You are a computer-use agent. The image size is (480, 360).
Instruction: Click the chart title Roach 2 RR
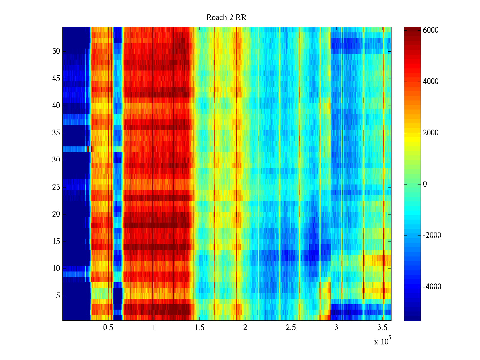(x=226, y=18)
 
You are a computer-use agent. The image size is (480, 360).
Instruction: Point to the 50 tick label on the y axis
(x=56, y=51)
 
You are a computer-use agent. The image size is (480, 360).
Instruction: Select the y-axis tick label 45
(x=56, y=79)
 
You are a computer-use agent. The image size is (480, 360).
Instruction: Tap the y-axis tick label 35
(x=56, y=133)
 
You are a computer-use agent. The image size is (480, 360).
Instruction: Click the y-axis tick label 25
(x=56, y=187)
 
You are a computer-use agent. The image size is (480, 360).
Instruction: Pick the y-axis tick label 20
(x=56, y=214)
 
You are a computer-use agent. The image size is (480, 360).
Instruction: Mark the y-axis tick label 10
(x=56, y=268)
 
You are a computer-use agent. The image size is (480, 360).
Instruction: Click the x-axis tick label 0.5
(x=108, y=328)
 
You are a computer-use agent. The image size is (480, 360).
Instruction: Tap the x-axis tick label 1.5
(x=199, y=328)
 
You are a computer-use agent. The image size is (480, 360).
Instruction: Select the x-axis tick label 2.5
(x=291, y=328)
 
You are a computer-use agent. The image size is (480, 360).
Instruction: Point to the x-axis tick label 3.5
(x=382, y=328)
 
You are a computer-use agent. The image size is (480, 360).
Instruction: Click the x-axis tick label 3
(x=336, y=328)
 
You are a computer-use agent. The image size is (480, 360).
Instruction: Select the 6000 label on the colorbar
(x=430, y=30)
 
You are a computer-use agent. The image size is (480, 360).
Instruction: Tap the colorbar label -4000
(x=432, y=287)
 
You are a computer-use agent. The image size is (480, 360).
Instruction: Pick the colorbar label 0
(x=425, y=184)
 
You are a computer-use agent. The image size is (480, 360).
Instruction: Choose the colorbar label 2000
(x=430, y=133)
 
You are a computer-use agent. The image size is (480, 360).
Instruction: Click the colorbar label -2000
(x=432, y=235)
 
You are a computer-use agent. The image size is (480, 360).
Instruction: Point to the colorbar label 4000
(x=430, y=82)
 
